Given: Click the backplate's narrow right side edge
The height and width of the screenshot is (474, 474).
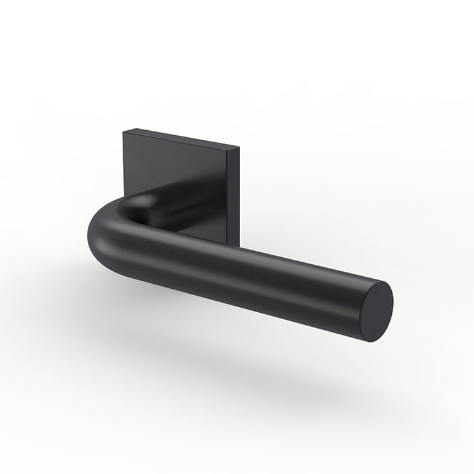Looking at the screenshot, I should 237,196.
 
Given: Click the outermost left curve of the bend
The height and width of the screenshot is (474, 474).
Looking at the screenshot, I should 89,234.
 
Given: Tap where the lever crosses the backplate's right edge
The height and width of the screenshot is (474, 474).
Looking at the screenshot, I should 237,246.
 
